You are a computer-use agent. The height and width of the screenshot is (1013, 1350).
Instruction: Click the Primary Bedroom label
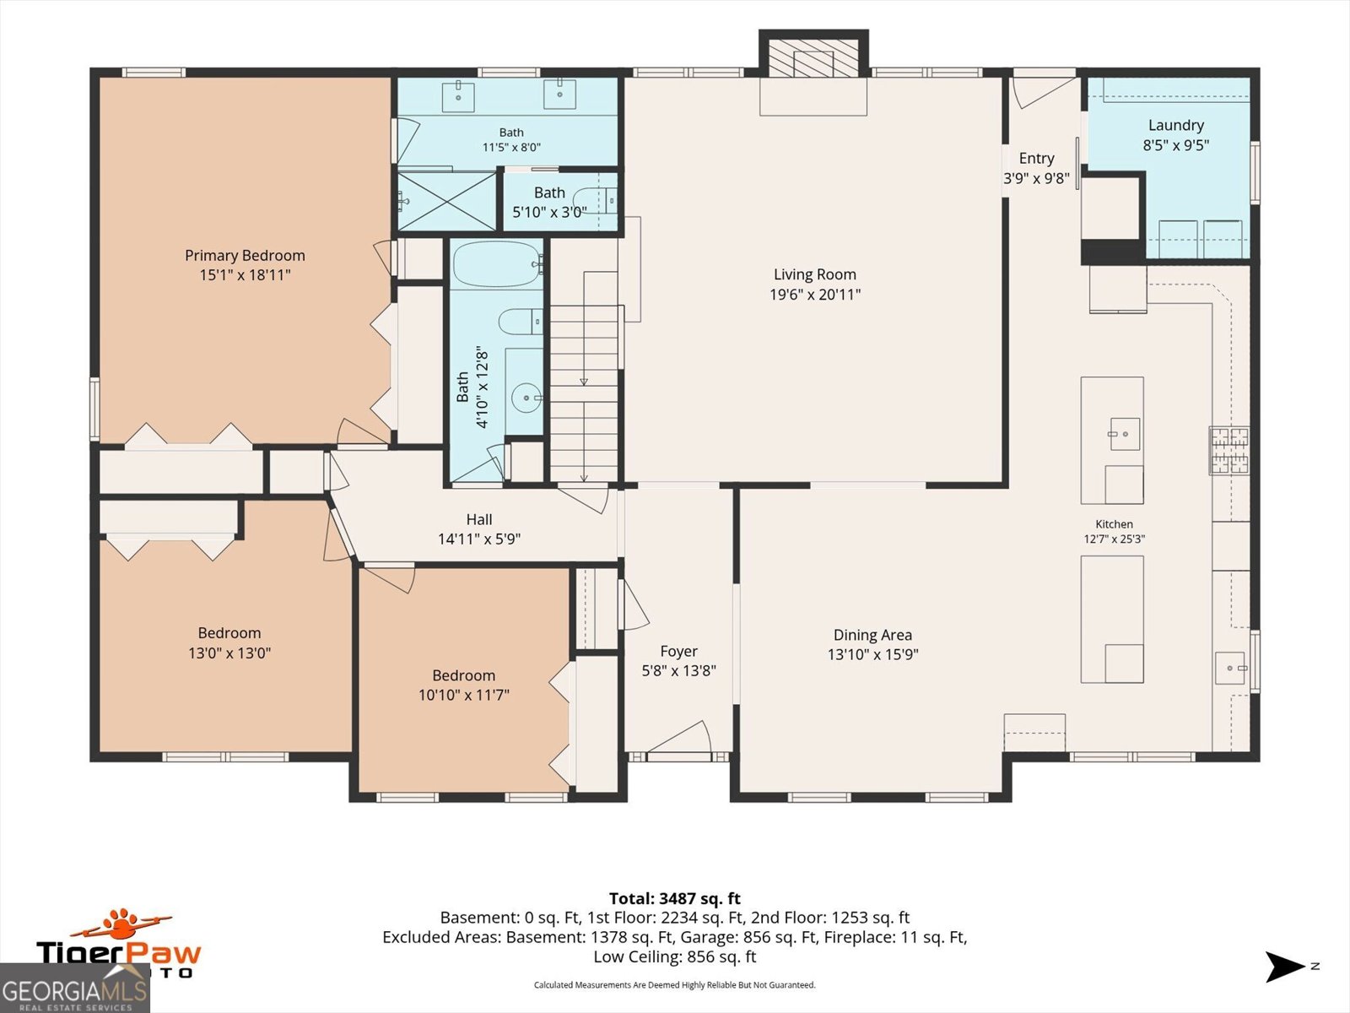tap(245, 255)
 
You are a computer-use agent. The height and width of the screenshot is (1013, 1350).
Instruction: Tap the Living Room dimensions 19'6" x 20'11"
tap(815, 295)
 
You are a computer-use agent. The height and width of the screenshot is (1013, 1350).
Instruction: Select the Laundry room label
tap(1176, 126)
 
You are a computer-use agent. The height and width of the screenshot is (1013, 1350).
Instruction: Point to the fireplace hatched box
tap(813, 57)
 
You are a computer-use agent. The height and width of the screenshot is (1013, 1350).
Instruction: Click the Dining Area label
tap(872, 635)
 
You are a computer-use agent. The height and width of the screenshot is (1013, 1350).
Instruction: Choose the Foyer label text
tap(678, 652)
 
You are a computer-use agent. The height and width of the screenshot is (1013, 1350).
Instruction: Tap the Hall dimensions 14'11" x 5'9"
tap(479, 539)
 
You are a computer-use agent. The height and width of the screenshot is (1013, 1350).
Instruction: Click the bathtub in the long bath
tap(498, 264)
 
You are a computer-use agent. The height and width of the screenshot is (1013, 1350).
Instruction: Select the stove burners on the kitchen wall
tap(1229, 452)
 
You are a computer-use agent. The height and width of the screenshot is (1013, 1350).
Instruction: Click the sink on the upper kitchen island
tap(1125, 434)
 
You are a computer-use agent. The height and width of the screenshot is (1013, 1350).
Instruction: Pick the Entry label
tap(1036, 159)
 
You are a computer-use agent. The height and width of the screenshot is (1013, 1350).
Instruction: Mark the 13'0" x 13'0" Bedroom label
tap(229, 633)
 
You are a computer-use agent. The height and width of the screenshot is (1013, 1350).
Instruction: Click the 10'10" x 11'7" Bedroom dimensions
tap(464, 695)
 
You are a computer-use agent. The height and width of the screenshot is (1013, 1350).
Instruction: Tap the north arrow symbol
tap(1284, 967)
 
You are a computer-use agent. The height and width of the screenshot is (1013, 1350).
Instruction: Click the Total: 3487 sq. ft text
tap(675, 898)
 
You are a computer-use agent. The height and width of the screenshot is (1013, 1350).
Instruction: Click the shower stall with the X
tap(446, 201)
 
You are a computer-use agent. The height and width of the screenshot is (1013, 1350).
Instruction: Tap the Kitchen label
tap(1114, 524)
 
